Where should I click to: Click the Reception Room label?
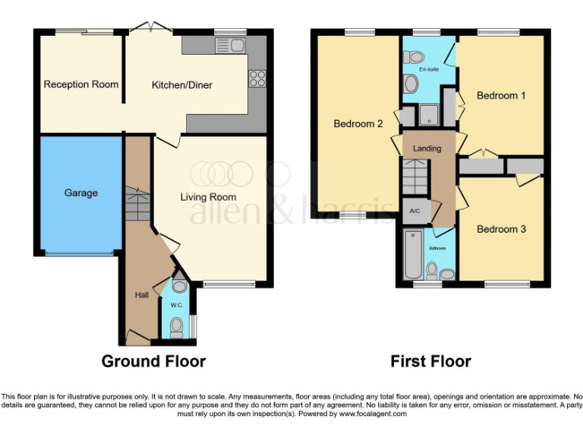pyautogui.click(x=81, y=84)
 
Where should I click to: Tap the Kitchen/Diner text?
pyautogui.click(x=182, y=85)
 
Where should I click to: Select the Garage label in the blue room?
pyautogui.click(x=81, y=193)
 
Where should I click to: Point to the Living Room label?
pyautogui.click(x=208, y=198)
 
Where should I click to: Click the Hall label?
pyautogui.click(x=142, y=295)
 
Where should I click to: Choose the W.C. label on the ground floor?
pyautogui.click(x=177, y=306)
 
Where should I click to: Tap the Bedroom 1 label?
pyautogui.click(x=501, y=96)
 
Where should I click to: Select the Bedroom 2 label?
pyautogui.click(x=358, y=124)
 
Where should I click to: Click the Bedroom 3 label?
pyautogui.click(x=501, y=229)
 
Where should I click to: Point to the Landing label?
pyautogui.click(x=427, y=148)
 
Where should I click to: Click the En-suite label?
pyautogui.click(x=430, y=69)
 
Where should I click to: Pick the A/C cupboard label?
pyautogui.click(x=415, y=211)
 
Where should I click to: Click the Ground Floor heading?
pyautogui.click(x=153, y=361)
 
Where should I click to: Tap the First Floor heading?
pyautogui.click(x=430, y=361)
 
